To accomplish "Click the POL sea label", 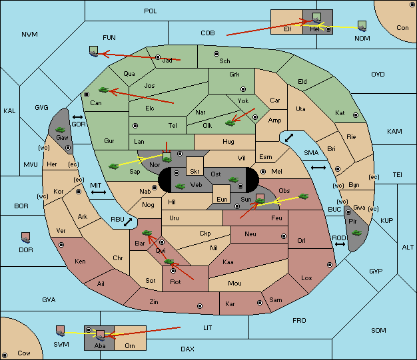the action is click(151, 11).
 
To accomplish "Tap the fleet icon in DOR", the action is click(26, 238).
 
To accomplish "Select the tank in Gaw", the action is click(61, 130).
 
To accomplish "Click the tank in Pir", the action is click(356, 233).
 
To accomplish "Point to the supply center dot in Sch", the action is click(216, 54).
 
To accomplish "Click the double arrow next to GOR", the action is click(78, 117).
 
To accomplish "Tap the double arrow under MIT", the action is click(99, 192).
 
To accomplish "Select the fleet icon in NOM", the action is click(362, 26).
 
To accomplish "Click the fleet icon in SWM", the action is click(61, 331).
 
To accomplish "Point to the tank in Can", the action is click(104, 90).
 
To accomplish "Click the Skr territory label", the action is click(195, 172).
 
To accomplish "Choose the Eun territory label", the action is click(222, 199).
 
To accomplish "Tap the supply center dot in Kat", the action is click(356, 115).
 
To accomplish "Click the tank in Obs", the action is click(304, 196).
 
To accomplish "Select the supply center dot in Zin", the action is click(200, 306).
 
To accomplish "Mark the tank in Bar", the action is click(147, 233).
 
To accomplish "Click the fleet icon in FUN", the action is click(94, 51).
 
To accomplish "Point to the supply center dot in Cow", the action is click(5, 355).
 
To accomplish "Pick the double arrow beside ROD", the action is click(340, 244).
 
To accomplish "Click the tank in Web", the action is click(181, 186).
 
